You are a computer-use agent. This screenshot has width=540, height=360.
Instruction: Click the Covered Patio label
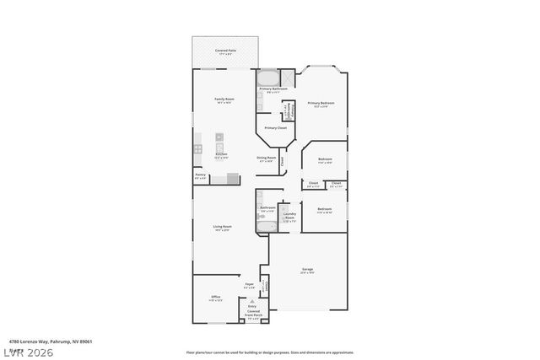click(224, 52)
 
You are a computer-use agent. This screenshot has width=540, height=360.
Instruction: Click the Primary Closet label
click(275, 128)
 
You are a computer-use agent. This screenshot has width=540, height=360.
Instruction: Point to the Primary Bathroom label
click(273, 89)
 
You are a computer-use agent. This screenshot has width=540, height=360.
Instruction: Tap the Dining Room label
click(267, 159)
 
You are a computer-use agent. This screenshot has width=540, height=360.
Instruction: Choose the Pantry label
click(201, 177)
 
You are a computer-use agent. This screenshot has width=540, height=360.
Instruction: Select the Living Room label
click(222, 228)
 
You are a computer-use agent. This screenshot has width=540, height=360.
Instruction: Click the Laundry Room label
click(289, 217)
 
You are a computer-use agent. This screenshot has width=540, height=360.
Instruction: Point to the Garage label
click(307, 271)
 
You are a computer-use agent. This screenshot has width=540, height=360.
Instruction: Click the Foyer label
click(250, 286)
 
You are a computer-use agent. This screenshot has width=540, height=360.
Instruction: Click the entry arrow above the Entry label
click(252, 302)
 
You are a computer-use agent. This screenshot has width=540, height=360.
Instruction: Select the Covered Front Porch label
click(253, 316)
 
